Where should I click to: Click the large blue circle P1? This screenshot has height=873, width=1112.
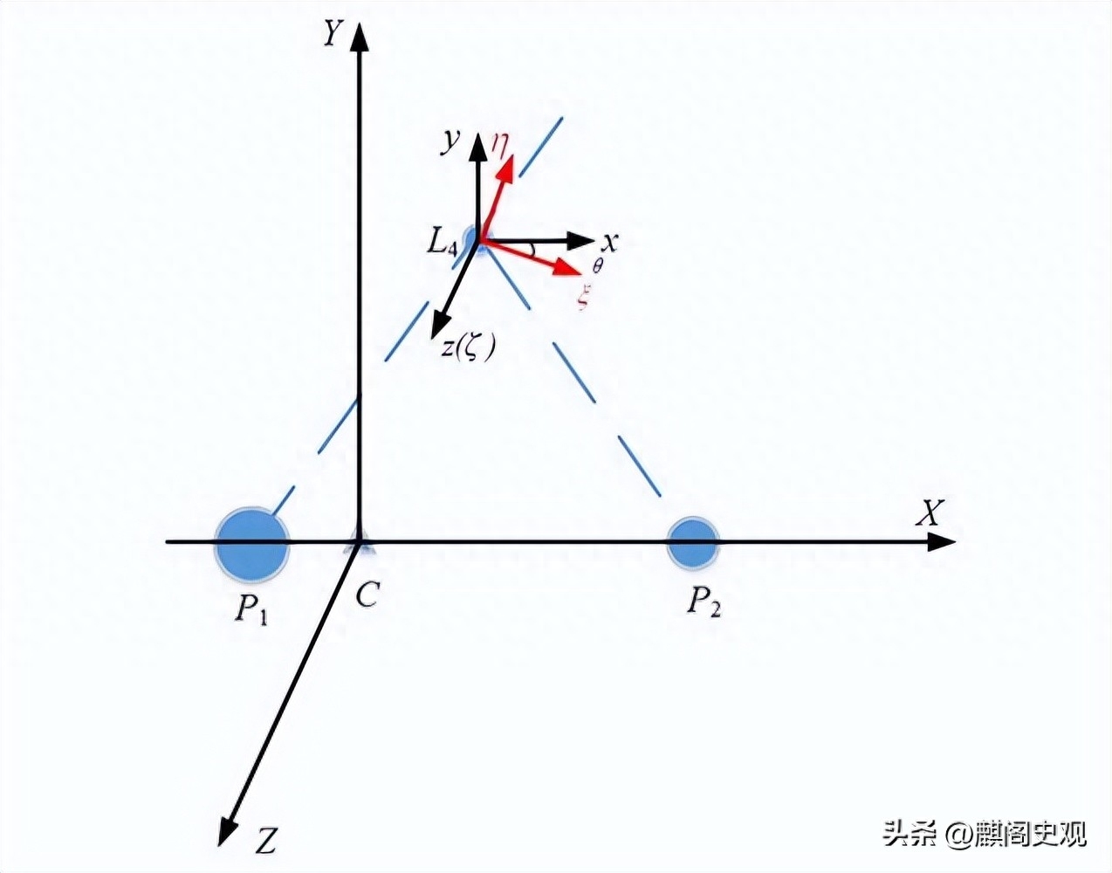click(x=251, y=545)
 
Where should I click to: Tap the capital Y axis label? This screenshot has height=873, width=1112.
click(x=333, y=34)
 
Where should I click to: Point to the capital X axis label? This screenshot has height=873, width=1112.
click(x=929, y=512)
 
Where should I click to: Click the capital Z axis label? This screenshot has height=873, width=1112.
click(x=265, y=840)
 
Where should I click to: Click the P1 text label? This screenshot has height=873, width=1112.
click(x=251, y=610)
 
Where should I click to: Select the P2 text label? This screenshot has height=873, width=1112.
click(x=704, y=602)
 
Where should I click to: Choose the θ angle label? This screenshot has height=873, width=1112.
click(x=597, y=266)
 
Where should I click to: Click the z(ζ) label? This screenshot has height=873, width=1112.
click(x=468, y=348)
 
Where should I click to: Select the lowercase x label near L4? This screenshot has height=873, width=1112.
click(x=609, y=242)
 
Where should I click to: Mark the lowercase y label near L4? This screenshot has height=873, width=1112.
click(x=450, y=142)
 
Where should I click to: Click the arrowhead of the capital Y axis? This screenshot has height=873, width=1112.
click(x=360, y=36)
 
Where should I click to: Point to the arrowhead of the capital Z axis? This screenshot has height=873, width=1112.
click(x=227, y=830)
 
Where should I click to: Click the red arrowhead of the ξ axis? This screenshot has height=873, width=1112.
click(x=567, y=266)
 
